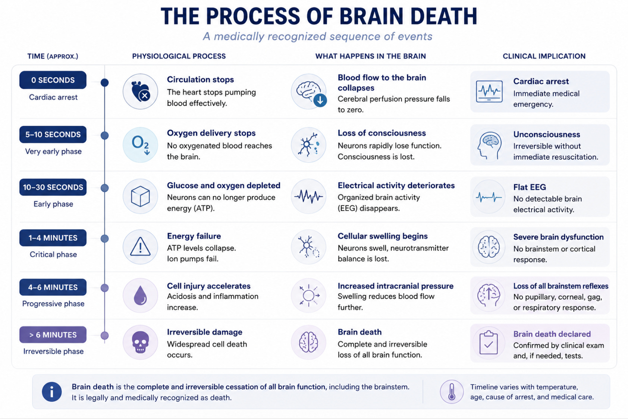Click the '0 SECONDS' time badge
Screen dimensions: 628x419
pos(53,80)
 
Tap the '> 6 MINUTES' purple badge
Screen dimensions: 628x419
pos(53,335)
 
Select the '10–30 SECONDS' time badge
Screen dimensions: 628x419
pos(53,187)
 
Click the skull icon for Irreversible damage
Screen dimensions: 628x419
pos(140,342)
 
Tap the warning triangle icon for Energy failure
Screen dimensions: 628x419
pos(140,247)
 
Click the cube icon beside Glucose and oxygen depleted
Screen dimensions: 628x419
pos(140,196)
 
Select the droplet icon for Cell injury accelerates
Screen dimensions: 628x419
pos(140,295)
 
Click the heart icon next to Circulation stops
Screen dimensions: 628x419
pos(141,92)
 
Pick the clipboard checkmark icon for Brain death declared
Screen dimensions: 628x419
pos(489,343)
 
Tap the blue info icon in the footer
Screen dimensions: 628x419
pos(51,392)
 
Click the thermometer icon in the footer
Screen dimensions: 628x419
pos(451,391)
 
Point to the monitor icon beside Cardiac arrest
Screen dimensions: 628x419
pos(489,91)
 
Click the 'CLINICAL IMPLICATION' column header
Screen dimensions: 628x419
pos(544,56)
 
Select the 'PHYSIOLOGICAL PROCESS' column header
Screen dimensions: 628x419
pos(179,56)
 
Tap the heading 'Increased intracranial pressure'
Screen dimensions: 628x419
pos(395,286)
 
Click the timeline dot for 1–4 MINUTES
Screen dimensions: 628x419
pos(104,239)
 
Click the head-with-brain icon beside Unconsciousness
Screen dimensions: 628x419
pos(489,145)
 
